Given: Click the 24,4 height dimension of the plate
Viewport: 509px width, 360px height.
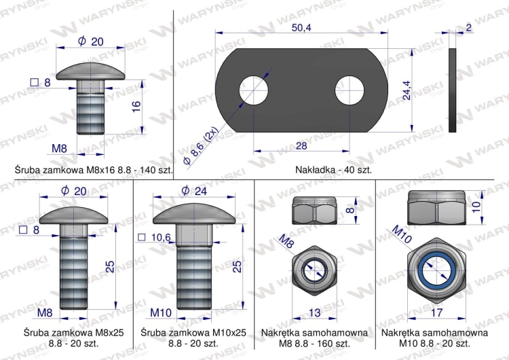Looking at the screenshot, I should pyautogui.click(x=406, y=90).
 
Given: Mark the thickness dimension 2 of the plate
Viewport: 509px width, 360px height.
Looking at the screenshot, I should pyautogui.click(x=469, y=28).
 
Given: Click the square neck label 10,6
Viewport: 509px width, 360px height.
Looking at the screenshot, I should pyautogui.click(x=157, y=237).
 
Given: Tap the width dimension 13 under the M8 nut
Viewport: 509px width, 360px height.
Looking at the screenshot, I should pyautogui.click(x=314, y=312).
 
